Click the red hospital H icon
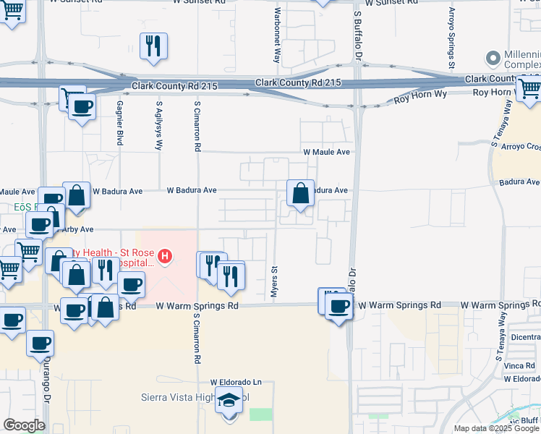pos(166,256)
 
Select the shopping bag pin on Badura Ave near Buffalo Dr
pos(301,194)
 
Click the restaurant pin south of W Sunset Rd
pos(153,46)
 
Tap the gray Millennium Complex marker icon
pos(494,57)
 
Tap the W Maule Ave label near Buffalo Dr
pos(326,152)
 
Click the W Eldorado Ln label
pos(236,382)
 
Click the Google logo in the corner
pos(24,425)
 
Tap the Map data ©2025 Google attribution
pos(496,428)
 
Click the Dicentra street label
pos(524,336)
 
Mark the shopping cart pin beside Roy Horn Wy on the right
pos(529,89)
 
